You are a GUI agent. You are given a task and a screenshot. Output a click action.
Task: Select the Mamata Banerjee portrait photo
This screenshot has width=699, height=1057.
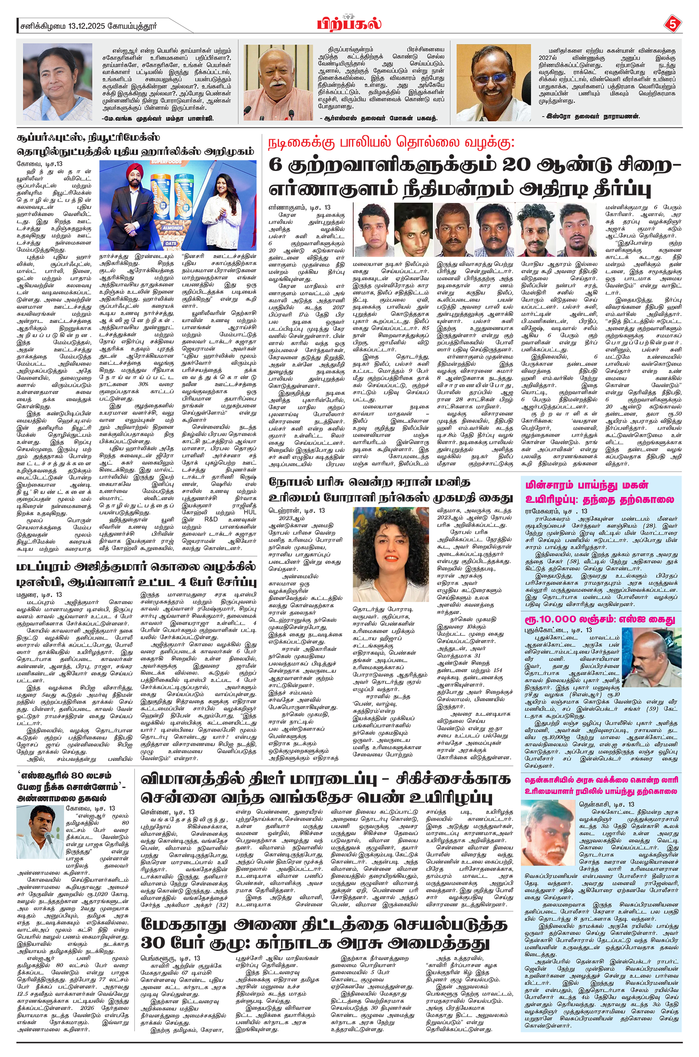click(x=54, y=84)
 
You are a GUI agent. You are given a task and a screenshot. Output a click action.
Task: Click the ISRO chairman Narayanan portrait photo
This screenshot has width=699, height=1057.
click(x=494, y=84)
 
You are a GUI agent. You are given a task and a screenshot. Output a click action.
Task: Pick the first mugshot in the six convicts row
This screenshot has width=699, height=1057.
click(x=371, y=230)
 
